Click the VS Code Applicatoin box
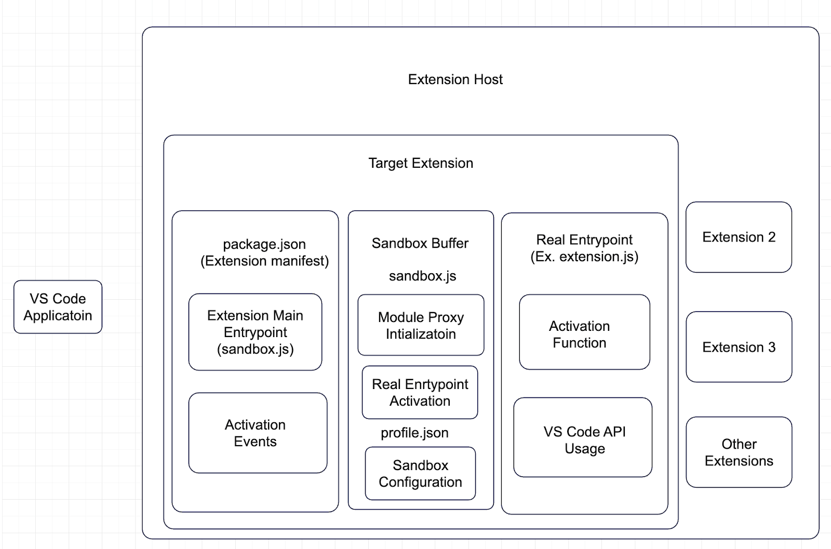58,307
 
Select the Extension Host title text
455,79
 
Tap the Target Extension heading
421,163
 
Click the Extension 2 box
739,237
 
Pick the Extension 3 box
739,347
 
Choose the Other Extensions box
739,452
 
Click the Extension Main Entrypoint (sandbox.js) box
255,332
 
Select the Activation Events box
258,433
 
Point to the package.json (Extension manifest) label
264,252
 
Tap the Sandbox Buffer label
420,243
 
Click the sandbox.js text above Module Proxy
422,276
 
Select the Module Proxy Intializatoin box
421,325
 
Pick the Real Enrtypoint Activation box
420,393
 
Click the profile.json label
414,433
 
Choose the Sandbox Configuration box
420,474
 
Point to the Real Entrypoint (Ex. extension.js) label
584,248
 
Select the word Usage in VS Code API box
585,449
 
